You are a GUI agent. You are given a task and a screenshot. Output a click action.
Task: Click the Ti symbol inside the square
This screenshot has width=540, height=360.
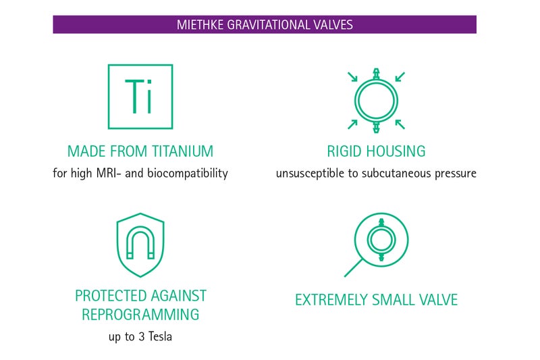(x=138, y=96)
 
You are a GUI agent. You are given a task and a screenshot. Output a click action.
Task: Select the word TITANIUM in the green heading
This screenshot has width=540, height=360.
(x=182, y=151)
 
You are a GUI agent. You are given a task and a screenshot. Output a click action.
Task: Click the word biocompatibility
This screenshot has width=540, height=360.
(x=188, y=173)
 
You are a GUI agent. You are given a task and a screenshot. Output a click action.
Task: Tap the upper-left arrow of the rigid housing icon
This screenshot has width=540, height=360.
(x=352, y=77)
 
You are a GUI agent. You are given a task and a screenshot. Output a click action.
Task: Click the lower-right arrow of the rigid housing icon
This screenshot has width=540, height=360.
(x=400, y=124)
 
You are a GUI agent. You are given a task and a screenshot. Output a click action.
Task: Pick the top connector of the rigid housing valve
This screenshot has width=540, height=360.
(x=376, y=74)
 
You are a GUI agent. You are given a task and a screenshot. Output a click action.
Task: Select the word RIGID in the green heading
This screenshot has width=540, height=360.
(x=344, y=151)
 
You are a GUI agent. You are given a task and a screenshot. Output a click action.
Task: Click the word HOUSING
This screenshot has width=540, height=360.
(x=396, y=151)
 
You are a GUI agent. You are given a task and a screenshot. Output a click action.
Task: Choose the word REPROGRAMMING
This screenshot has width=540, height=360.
(x=140, y=315)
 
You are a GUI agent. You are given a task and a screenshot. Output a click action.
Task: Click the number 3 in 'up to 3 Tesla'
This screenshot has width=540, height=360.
(x=141, y=336)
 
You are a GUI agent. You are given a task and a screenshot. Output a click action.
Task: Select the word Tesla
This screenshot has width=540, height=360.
(x=160, y=336)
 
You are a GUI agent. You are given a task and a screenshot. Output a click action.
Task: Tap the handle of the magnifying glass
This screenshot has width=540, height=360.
(x=353, y=267)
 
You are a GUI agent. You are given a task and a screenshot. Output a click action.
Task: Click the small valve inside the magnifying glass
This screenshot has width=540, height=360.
(x=381, y=240)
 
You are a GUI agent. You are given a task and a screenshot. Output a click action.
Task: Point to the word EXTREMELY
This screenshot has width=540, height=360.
(x=331, y=300)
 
